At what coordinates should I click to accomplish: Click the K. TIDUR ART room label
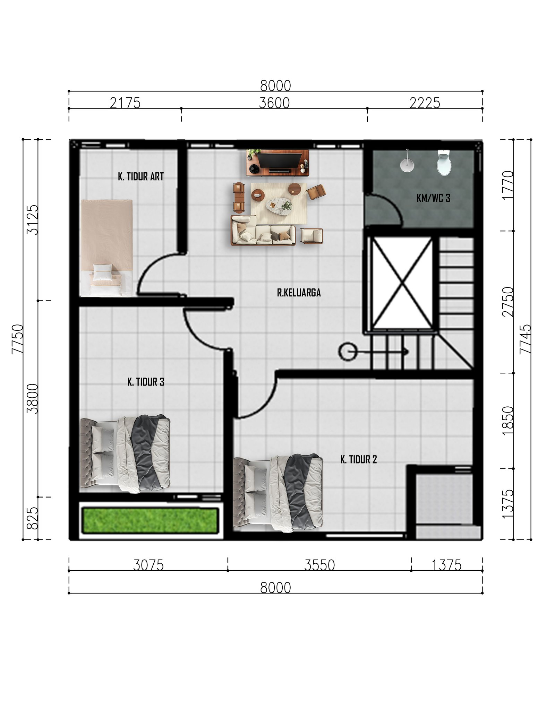[140, 176]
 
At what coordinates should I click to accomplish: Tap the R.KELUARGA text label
[299, 293]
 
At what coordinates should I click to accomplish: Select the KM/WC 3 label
[433, 198]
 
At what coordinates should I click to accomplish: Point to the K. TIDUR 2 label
[358, 459]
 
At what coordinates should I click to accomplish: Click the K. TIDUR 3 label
[146, 382]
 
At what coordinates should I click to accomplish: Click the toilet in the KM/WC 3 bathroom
[444, 163]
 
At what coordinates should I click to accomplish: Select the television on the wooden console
[279, 161]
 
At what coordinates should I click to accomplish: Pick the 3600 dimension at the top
[274, 103]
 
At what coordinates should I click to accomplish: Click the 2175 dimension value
[125, 103]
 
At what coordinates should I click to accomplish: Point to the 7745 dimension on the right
[525, 339]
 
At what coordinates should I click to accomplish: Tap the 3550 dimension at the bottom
[319, 565]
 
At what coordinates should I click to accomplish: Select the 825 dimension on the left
[33, 518]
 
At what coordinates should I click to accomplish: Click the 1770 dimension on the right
[508, 185]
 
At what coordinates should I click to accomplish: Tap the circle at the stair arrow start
[348, 352]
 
